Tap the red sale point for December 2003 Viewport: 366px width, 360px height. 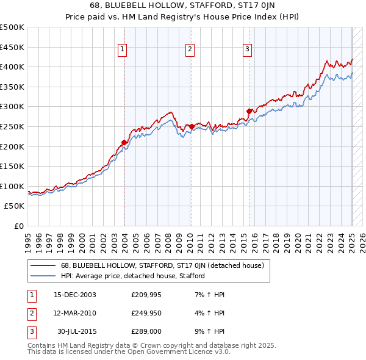[124, 142]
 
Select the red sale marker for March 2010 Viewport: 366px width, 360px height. [192, 126]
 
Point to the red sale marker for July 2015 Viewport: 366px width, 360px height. [249, 111]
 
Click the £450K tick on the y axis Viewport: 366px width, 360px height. [12, 47]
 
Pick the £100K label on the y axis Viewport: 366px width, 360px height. [12, 186]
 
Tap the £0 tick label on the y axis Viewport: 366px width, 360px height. [18, 226]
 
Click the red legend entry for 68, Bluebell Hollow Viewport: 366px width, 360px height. [162, 265]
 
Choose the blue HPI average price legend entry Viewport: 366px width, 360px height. [132, 276]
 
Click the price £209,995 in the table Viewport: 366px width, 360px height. [145, 295]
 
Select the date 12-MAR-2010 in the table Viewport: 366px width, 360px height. [75, 313]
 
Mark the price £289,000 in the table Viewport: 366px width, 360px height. [145, 331]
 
